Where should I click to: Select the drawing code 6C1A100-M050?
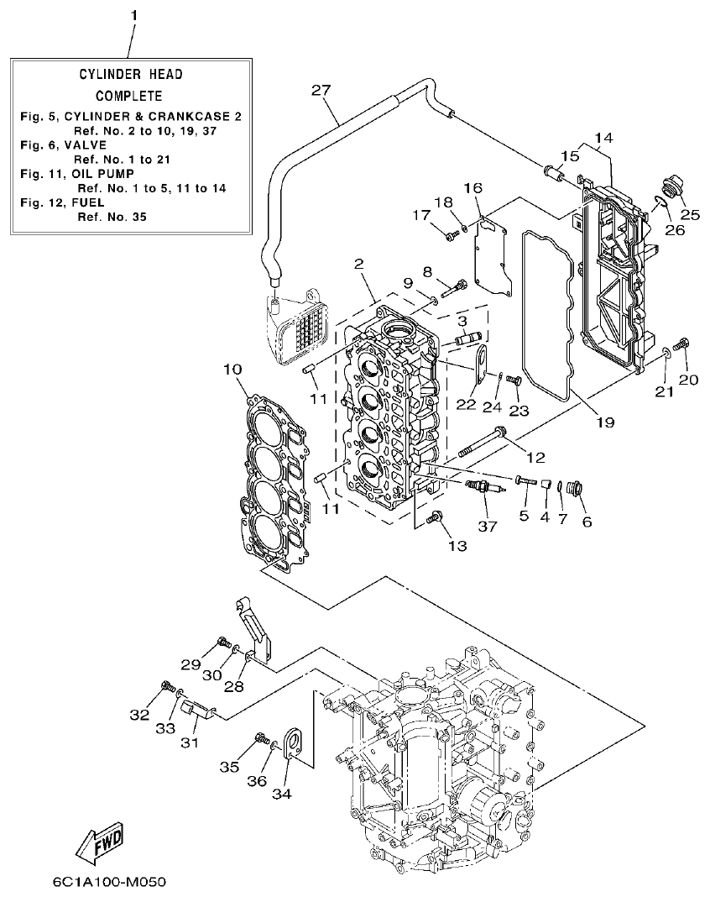click(x=108, y=882)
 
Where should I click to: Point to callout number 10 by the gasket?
click(x=233, y=369)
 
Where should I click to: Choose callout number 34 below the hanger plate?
click(x=283, y=791)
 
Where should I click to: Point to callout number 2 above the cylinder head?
click(x=358, y=264)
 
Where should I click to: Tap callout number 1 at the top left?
click(x=133, y=16)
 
